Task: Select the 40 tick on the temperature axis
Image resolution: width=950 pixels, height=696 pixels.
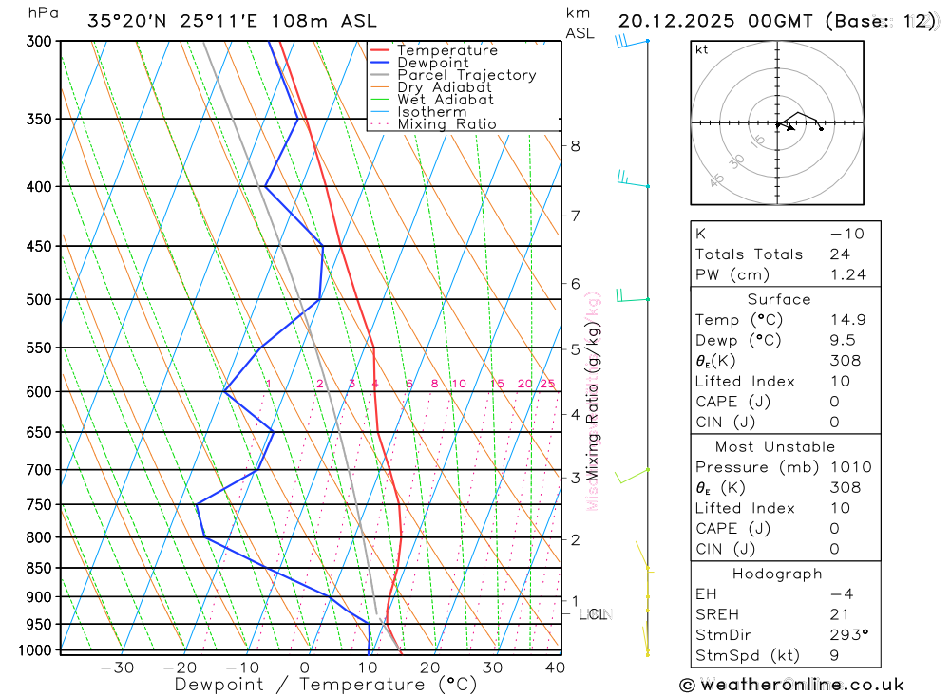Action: coord(555,668)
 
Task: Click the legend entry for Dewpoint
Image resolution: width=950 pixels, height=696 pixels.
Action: coord(431,63)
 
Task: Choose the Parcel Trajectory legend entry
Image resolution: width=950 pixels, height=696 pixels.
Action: coord(466,75)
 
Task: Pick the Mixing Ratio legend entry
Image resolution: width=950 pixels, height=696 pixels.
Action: coord(446,123)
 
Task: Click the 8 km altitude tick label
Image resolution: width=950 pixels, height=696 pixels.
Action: coord(575,145)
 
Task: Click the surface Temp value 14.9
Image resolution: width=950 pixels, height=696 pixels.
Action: coord(847,320)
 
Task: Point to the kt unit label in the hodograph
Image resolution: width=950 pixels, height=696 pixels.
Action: coord(702,49)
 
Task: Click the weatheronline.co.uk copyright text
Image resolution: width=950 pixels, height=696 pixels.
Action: coord(791,685)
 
